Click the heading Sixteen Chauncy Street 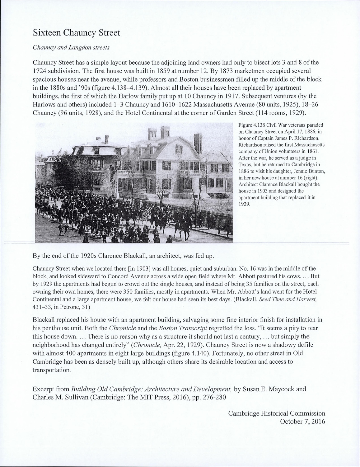(x=76, y=33)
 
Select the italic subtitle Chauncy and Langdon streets (x=71, y=48)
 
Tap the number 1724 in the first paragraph (x=40, y=71)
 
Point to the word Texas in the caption (x=245, y=164)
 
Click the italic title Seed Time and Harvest (x=288, y=300)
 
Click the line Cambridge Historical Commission (x=277, y=413)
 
